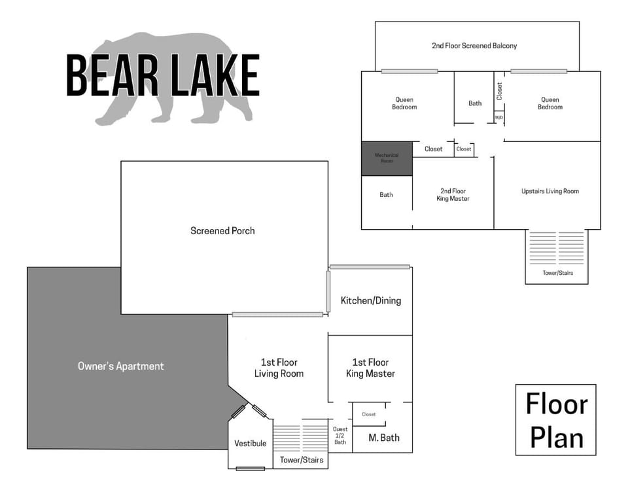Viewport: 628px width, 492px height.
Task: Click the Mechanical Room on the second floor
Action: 387,158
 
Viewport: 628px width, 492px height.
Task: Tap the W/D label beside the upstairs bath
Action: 499,118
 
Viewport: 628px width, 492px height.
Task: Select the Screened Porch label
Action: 222,231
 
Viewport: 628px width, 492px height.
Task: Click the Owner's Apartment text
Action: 120,366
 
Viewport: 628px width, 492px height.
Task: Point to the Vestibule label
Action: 251,444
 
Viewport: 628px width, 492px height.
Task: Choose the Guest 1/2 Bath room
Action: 340,436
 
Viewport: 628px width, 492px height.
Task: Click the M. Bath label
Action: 384,438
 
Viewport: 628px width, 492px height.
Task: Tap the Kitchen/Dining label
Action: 371,301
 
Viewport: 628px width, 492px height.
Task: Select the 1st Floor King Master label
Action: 370,368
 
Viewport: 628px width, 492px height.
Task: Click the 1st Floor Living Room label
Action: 279,368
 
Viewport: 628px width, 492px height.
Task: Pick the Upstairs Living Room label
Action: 550,191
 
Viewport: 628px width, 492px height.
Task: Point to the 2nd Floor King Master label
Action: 452,194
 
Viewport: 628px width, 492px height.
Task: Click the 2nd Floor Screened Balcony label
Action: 474,46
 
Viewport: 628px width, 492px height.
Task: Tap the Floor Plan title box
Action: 556,420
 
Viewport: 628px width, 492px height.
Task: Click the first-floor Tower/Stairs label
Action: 302,461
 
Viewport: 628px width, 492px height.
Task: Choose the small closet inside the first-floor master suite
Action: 369,414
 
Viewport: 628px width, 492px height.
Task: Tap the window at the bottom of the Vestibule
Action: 251,468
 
